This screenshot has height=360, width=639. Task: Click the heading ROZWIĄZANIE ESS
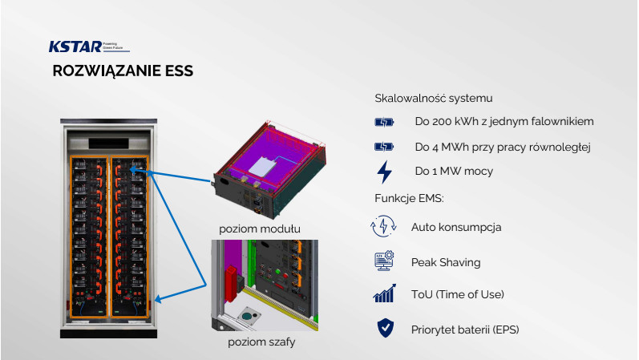(x=122, y=71)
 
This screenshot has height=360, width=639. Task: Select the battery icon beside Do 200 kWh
(x=385, y=123)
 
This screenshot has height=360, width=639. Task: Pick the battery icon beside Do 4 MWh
(x=385, y=148)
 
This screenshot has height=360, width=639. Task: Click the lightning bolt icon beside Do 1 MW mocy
(x=385, y=172)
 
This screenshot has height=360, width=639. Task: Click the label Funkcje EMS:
(x=409, y=198)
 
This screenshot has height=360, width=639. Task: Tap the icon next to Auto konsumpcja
(x=384, y=227)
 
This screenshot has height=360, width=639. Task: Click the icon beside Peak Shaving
(x=384, y=261)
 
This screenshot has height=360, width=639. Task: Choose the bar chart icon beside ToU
(x=384, y=294)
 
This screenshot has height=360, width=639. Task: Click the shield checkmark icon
(x=384, y=328)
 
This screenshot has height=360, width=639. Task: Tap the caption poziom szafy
(x=260, y=344)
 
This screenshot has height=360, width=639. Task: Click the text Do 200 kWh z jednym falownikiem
(x=504, y=123)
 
